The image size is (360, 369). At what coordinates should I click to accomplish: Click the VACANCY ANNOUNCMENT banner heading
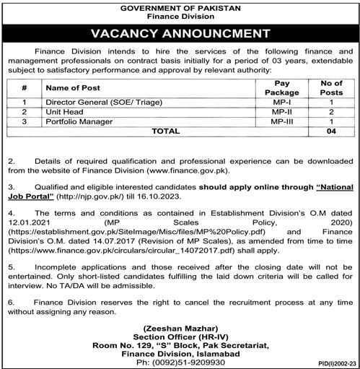click(x=180, y=32)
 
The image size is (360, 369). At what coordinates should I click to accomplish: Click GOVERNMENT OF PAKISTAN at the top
click(x=180, y=6)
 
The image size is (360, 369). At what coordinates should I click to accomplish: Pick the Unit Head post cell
click(x=62, y=113)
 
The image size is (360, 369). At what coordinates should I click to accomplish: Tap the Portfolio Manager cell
click(x=74, y=123)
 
